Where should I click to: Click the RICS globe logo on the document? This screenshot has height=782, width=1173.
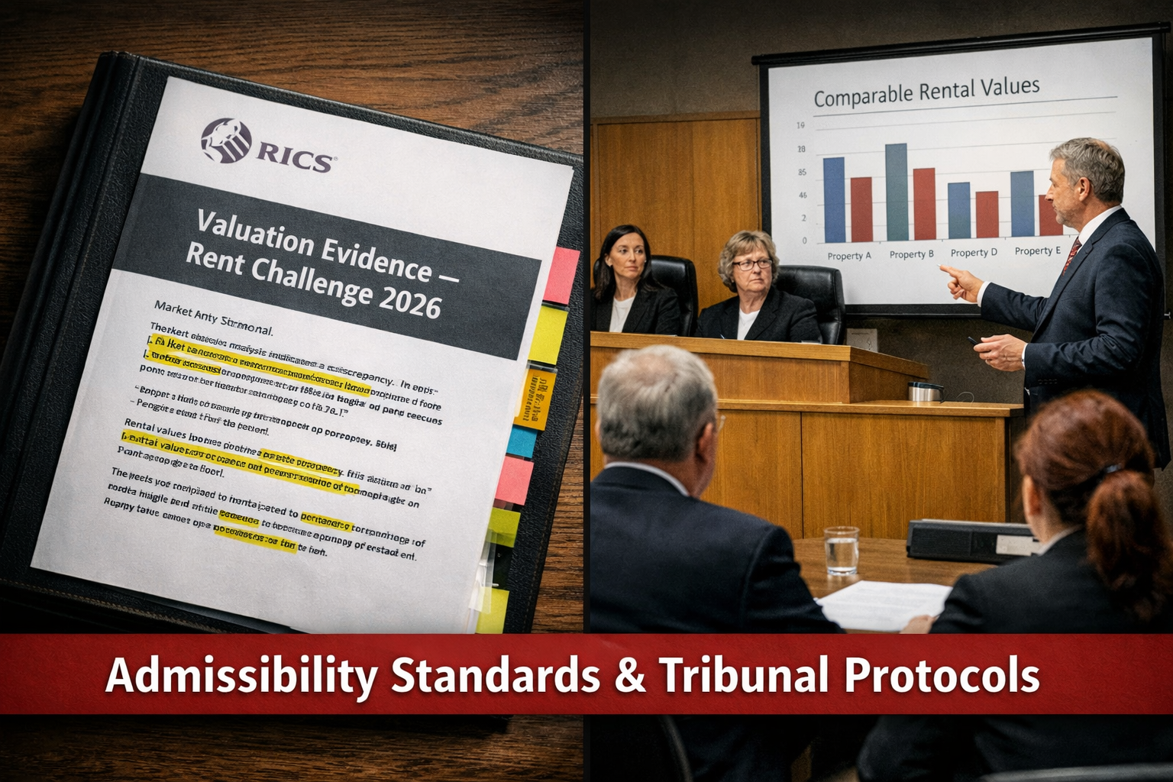click(225, 141)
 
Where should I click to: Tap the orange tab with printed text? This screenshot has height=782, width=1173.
click(533, 397)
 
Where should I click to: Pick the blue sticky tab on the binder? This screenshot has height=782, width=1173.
click(522, 441)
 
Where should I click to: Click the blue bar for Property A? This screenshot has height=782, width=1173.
click(834, 199)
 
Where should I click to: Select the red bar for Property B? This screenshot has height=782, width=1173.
click(924, 203)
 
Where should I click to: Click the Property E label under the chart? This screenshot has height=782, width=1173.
click(1037, 250)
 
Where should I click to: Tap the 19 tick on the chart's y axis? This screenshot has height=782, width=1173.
click(801, 125)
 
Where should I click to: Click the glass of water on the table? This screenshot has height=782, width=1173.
click(842, 549)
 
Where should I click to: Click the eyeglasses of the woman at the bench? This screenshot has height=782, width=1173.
click(751, 264)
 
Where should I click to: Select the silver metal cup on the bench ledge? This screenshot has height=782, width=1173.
click(924, 392)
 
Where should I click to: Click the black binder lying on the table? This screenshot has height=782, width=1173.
click(970, 541)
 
